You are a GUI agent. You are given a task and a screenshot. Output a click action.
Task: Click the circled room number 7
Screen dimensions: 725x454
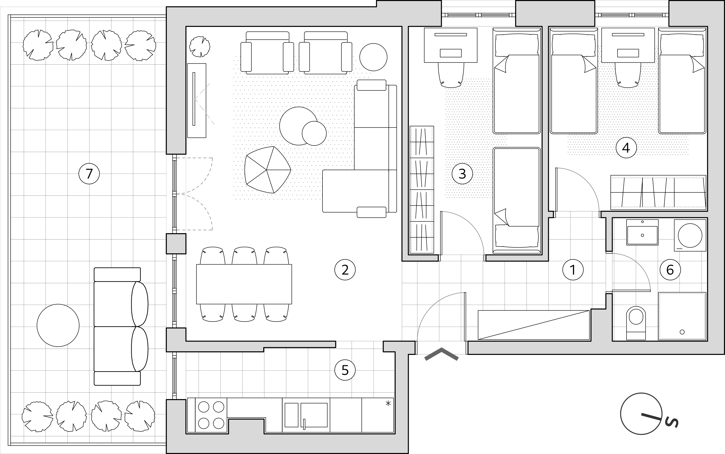pos(89,174)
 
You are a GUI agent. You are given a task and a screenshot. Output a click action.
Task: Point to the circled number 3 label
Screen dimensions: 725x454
pos(462,173)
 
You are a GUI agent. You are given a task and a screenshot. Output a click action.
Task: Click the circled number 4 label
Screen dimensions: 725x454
pos(626,148)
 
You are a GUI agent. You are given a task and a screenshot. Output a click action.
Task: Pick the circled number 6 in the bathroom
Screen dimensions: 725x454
pos(670,270)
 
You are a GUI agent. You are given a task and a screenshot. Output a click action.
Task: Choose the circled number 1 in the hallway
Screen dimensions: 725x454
pos(573,270)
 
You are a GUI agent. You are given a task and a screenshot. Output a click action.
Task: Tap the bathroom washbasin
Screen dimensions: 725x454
pos(642,232)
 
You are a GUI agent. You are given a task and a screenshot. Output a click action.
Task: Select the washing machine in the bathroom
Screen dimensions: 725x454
pos(690,235)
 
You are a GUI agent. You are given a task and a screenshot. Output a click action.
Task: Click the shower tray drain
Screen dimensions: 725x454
pos(682,332)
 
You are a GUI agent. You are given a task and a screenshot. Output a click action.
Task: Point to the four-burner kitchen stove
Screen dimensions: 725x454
pos(211,415)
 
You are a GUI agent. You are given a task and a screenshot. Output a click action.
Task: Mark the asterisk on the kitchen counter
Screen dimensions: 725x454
pos(388,403)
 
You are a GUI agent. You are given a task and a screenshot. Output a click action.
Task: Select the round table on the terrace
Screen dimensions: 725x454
pos(58,326)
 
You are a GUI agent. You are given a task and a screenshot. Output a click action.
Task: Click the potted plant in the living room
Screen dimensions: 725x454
pos(199,47)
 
